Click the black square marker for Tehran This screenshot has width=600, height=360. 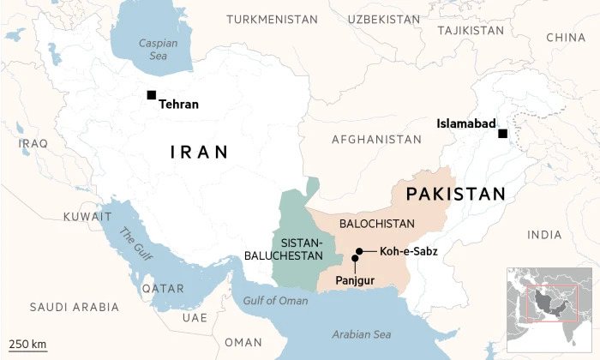(x=152, y=94)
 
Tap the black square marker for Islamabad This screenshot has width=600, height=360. (x=503, y=134)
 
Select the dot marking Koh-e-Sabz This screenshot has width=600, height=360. (x=360, y=251)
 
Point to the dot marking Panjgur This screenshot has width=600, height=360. (x=355, y=258)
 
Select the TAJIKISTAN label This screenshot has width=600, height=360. (x=471, y=30)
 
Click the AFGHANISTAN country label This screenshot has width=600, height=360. (x=376, y=139)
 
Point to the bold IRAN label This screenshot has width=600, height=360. (x=200, y=153)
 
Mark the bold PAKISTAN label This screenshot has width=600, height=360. (x=456, y=194)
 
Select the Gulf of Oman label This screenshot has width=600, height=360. (x=275, y=300)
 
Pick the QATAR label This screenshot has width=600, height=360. (x=163, y=289)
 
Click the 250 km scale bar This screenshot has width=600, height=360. (x=27, y=348)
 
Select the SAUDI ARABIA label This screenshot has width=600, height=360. (x=74, y=307)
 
